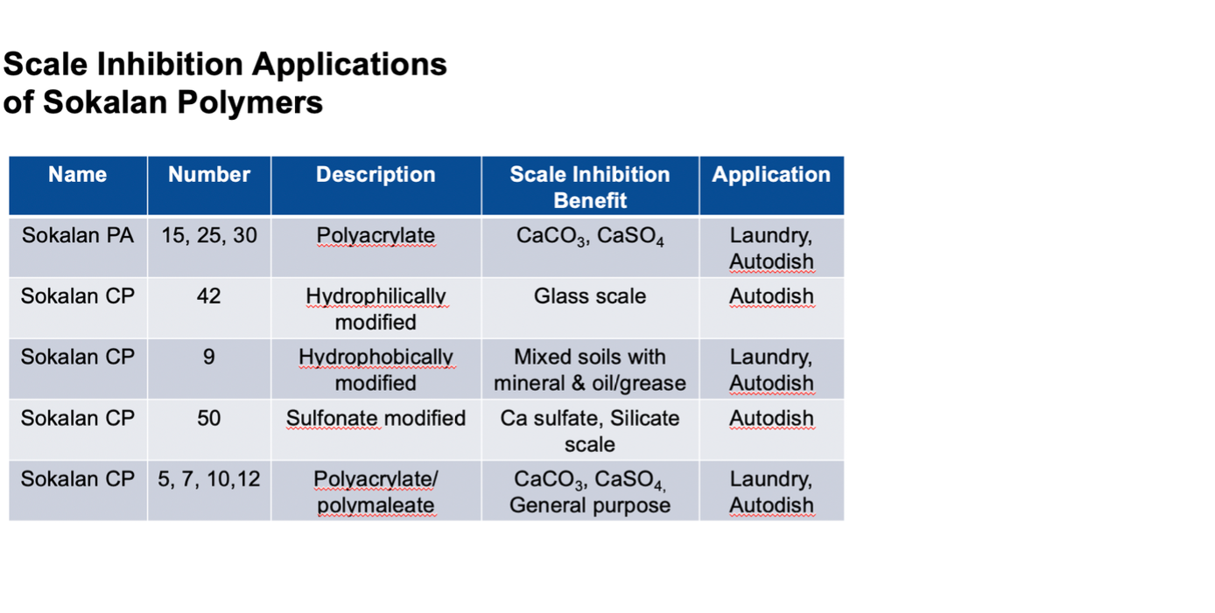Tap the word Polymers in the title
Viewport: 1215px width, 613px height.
[x=250, y=102]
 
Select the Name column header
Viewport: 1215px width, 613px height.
[x=78, y=175]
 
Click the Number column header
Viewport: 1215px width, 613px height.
[x=209, y=175]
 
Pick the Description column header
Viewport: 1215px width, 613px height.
[x=376, y=175]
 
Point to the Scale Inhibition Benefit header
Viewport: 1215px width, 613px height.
[x=590, y=187]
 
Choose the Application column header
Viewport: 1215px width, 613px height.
[x=771, y=175]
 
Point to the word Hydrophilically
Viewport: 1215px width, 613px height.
[x=376, y=297]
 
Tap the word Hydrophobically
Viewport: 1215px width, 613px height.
[x=376, y=358]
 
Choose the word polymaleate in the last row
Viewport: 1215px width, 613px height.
[x=376, y=505]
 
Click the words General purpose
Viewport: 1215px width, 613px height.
[x=590, y=505]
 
